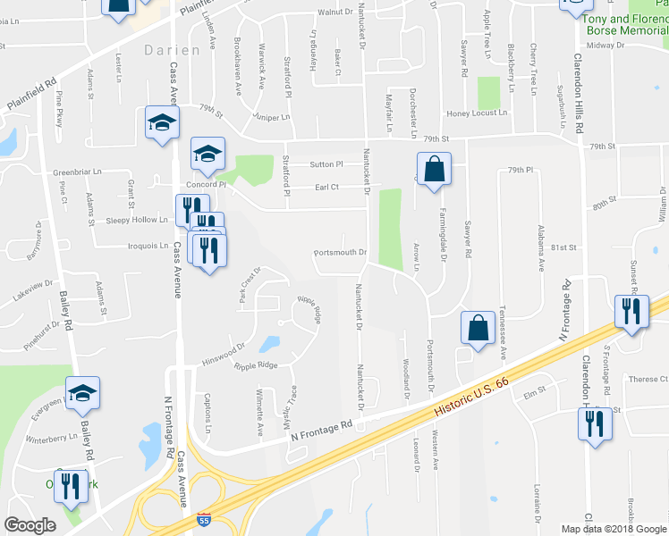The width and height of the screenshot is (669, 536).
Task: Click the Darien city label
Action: click(x=172, y=51)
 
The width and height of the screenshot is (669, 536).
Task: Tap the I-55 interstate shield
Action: click(x=204, y=519)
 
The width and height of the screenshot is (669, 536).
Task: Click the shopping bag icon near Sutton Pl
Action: click(x=434, y=170)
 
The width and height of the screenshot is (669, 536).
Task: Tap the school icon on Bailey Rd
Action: click(x=82, y=393)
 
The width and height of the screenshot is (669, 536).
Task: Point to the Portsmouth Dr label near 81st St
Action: click(x=341, y=252)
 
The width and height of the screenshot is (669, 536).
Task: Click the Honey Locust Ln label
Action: click(x=477, y=113)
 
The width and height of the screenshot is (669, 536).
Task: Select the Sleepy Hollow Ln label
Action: click(x=137, y=220)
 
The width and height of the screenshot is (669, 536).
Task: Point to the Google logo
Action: click(x=30, y=525)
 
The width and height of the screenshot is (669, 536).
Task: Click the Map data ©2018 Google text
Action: click(x=614, y=529)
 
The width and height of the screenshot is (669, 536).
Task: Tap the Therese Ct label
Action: click(x=648, y=379)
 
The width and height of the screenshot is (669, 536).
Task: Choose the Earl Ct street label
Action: click(x=326, y=187)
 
